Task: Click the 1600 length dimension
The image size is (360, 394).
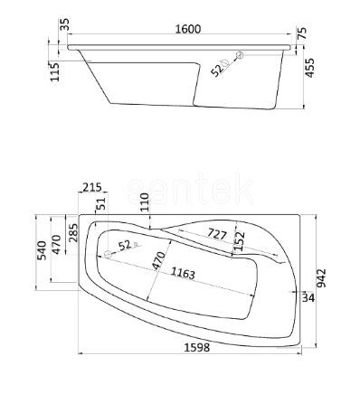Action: point(188,30)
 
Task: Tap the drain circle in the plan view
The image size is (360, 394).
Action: point(109,254)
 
